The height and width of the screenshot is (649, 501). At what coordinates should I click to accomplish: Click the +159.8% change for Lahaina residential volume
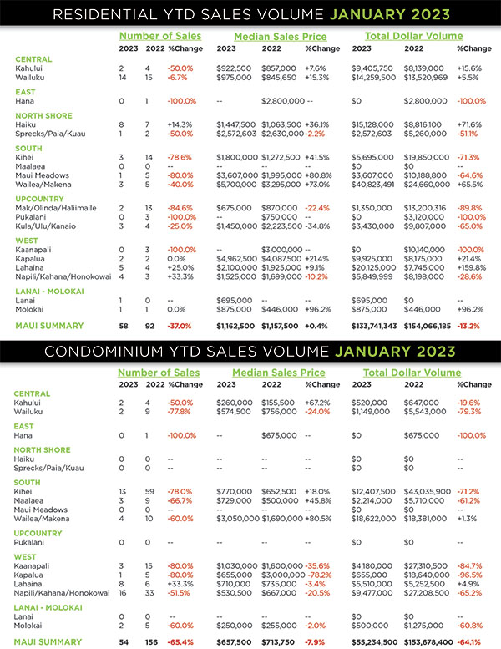tap(473, 268)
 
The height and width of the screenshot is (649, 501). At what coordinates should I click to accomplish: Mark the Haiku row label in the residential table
tap(25, 124)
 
